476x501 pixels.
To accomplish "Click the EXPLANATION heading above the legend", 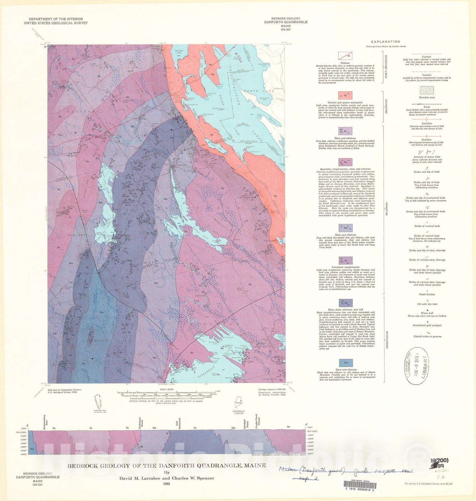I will pos(385,42).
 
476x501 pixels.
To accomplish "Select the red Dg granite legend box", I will pos(345,95).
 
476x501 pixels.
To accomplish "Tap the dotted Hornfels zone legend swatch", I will pos(427,90).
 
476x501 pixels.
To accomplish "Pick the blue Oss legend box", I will pos(345,363).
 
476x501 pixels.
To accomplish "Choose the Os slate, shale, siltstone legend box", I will pos(345,303).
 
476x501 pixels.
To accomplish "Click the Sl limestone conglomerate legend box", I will pos(345,261).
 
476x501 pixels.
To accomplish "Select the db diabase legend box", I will pos(345,56).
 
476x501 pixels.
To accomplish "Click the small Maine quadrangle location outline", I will pos(238,403).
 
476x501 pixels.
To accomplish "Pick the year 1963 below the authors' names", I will pos(166,484).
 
